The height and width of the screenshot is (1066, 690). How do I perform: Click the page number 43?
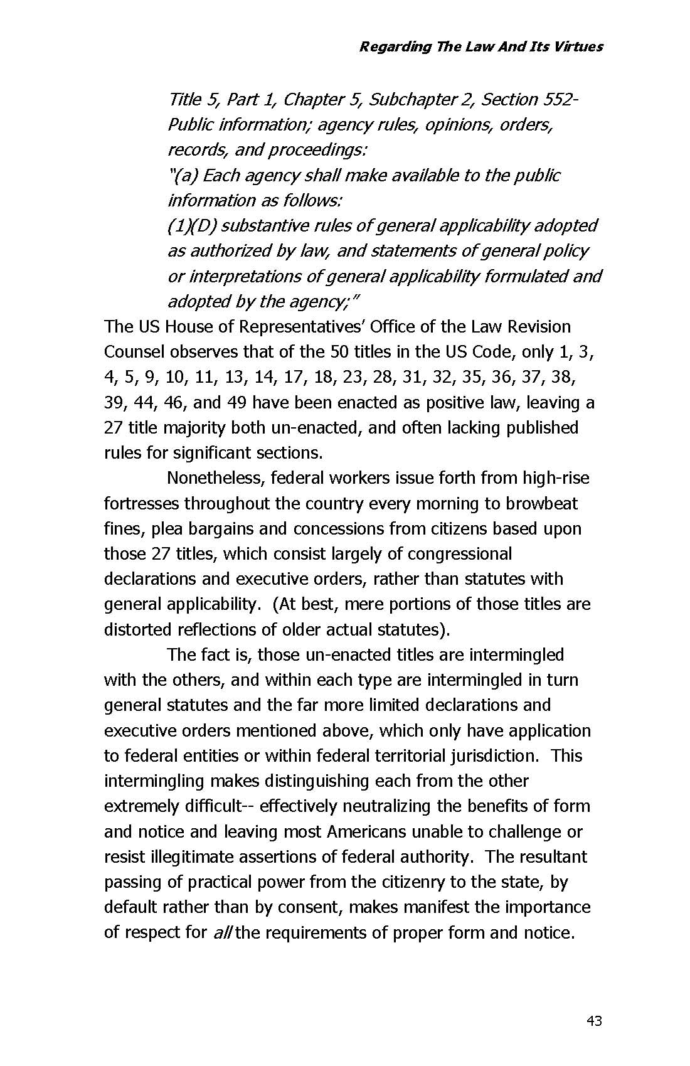594,1021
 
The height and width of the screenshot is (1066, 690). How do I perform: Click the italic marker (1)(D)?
192,226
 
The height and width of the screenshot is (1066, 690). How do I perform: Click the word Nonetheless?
216,478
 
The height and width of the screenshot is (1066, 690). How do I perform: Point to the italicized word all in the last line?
221,933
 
